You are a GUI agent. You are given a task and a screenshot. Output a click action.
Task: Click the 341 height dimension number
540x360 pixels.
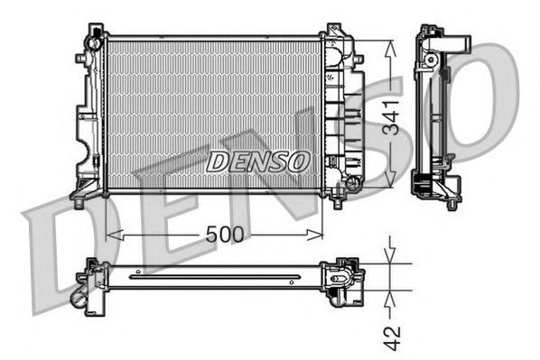[390, 115]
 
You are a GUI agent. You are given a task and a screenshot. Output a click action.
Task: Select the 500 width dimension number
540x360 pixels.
[223, 235]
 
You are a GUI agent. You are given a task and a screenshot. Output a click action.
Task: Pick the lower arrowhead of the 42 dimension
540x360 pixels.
[390, 293]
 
